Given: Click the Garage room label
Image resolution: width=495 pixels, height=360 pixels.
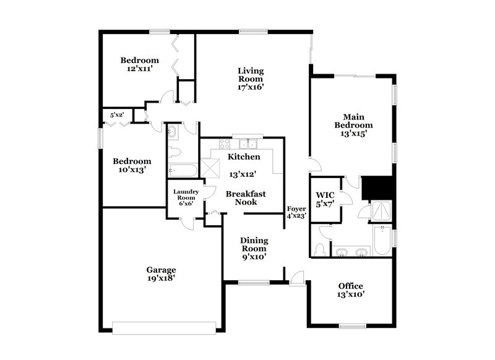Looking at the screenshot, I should [x=161, y=270].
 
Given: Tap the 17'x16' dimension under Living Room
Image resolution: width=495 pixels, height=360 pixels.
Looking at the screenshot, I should [x=251, y=87].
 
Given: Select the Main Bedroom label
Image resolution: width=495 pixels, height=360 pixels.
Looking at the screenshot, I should [x=353, y=121].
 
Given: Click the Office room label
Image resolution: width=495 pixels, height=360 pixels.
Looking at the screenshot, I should [x=350, y=286].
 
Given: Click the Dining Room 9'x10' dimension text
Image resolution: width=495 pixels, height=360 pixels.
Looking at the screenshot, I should [x=254, y=257].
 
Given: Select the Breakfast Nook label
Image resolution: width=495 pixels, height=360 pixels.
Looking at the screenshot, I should [x=246, y=198].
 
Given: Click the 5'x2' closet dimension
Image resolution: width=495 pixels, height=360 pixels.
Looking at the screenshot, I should [x=117, y=114].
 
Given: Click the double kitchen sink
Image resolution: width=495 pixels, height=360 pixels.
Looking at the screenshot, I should [x=251, y=144].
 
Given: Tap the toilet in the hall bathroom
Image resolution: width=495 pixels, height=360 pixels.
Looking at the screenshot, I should [x=174, y=151].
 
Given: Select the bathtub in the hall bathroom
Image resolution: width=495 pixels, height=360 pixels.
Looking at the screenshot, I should [x=182, y=170].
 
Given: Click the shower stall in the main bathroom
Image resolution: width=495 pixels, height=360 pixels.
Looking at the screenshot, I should [x=380, y=211].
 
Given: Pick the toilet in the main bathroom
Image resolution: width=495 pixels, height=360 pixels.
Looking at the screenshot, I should [x=320, y=249].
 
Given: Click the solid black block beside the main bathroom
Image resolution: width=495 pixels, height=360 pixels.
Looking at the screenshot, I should [x=377, y=186].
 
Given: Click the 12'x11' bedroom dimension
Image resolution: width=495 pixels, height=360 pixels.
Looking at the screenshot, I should [x=139, y=70].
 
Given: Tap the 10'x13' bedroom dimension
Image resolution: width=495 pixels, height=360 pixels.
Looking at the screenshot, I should [x=131, y=170].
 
